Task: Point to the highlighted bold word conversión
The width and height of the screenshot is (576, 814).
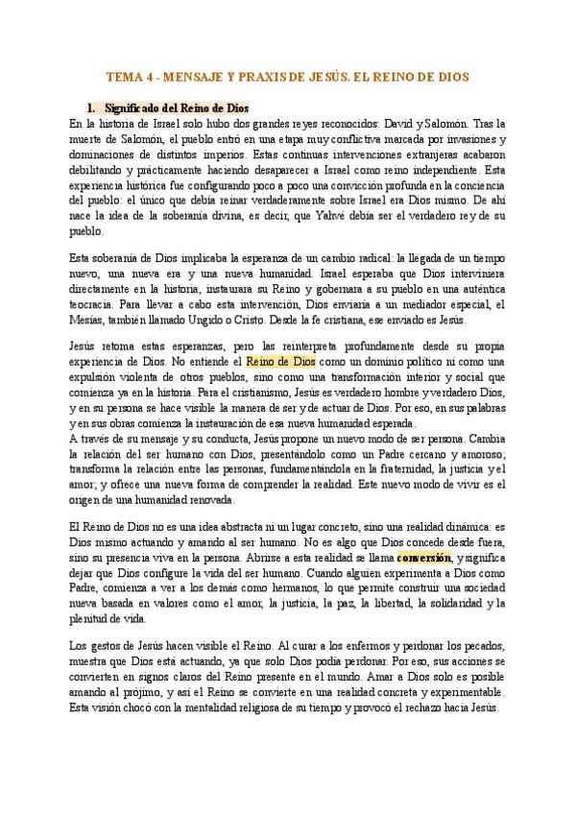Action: [x=423, y=557]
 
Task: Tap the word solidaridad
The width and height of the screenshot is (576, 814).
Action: [x=453, y=603]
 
